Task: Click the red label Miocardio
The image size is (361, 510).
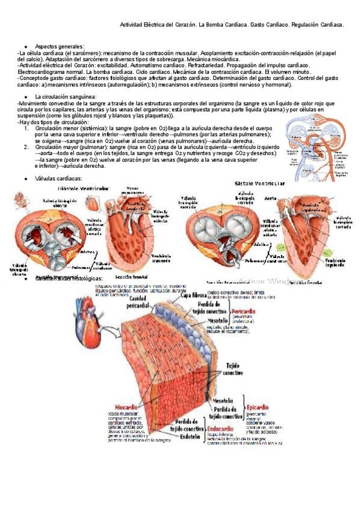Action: tap(123, 407)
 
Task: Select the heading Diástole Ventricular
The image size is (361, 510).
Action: tap(83, 188)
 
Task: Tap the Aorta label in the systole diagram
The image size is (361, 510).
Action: tap(270, 197)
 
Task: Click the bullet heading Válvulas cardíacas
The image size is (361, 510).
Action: tap(58, 179)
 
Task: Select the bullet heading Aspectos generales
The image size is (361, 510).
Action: tap(60, 46)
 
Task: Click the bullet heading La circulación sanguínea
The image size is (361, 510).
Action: tap(65, 97)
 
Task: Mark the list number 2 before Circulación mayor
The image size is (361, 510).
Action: tap(26, 147)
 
